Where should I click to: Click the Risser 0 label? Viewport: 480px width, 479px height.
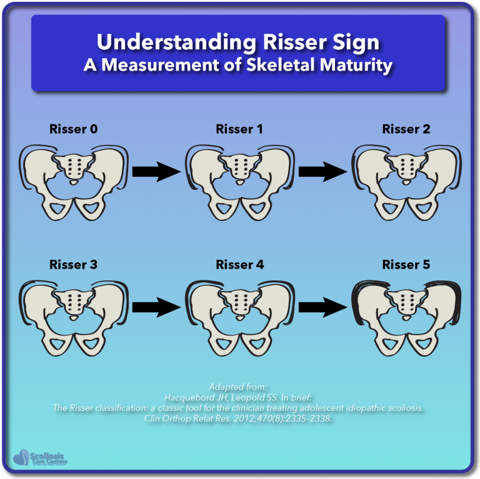(74, 130)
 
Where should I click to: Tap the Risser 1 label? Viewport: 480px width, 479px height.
(240, 130)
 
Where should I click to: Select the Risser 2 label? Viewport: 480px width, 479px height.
(406, 130)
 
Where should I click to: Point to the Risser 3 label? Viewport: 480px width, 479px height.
(74, 265)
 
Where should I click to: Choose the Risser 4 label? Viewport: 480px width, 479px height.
(240, 265)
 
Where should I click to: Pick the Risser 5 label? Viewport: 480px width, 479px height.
(406, 265)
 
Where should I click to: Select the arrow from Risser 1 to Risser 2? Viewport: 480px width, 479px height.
(322, 170)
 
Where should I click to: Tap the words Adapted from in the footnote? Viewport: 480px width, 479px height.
(240, 386)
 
